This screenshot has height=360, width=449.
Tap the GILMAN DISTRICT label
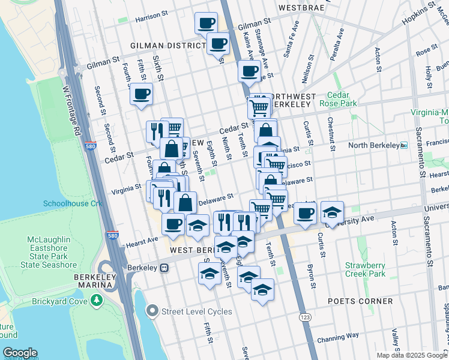(x=169, y=46)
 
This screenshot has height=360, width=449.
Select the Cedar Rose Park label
(x=342, y=99)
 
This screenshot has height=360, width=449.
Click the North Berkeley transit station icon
(x=404, y=145)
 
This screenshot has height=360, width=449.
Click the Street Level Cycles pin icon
(x=153, y=311)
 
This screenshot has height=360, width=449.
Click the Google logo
(x=19, y=353)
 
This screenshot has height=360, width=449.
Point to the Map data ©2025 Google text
(x=412, y=355)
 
